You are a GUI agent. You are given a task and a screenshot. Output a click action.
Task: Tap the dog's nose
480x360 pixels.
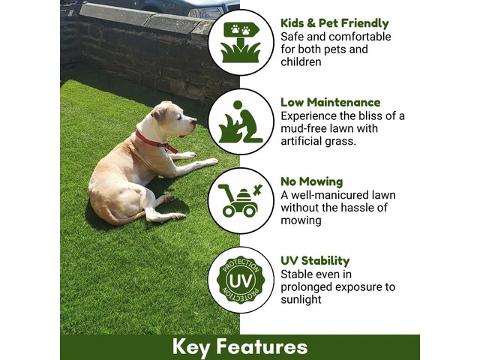coord(193,121)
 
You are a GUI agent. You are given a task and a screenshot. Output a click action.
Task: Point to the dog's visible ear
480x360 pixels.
coord(159,114)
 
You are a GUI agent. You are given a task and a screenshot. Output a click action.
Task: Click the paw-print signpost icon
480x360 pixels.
coord(241,42)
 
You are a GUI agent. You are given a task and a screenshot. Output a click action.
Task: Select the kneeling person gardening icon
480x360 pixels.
coord(241,121)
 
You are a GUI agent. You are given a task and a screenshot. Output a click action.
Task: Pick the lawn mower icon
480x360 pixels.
coord(240,200)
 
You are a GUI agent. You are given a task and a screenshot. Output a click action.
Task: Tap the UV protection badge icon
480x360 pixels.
coord(241,280)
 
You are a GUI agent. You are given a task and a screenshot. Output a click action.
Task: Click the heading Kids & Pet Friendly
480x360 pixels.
coord(334,23)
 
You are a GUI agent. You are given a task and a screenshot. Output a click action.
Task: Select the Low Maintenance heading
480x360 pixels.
coord(330,102)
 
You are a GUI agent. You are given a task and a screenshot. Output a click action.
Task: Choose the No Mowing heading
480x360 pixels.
coord(312,181)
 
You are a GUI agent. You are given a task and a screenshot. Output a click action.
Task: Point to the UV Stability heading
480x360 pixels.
coord(315,261)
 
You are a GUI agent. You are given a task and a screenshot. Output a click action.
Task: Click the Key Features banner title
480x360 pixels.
coord(240,346)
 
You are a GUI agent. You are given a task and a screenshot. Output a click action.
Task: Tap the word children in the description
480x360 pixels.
coord(301,61)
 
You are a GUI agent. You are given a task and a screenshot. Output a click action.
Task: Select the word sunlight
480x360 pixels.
coord(301,299)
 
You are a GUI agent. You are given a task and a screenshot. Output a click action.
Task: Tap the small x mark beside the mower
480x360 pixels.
coord(258,190)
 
